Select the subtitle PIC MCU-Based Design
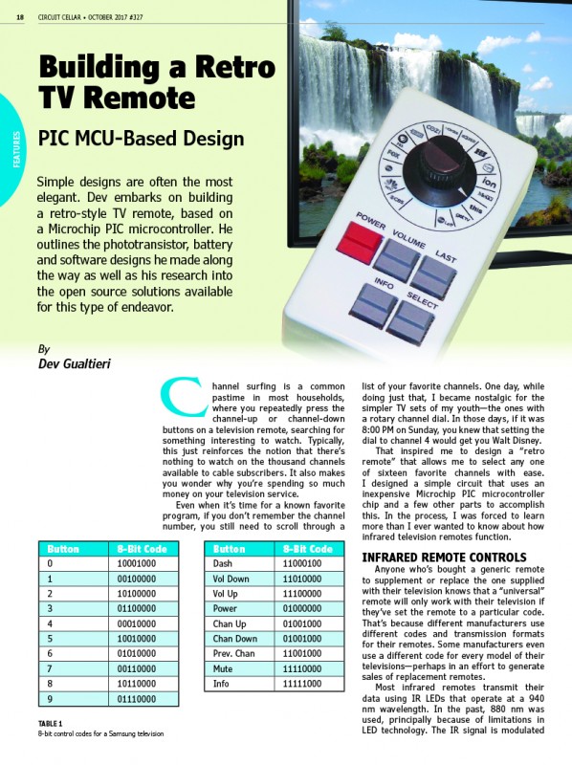tap(141, 139)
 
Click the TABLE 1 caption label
tap(51, 724)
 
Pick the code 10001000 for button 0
tap(138, 564)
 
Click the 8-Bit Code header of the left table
tap(143, 550)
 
